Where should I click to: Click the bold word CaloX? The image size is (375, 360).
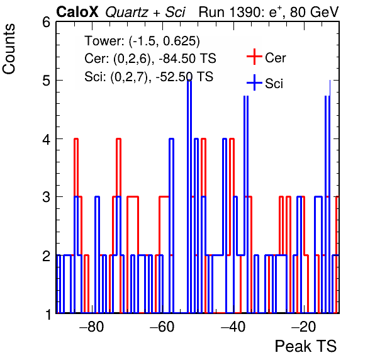pos(77,12)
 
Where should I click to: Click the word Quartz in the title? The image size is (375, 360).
pos(126,13)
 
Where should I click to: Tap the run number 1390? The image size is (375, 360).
pos(244,12)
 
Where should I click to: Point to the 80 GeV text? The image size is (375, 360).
pos(314,12)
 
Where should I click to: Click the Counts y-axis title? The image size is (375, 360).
pos(9,49)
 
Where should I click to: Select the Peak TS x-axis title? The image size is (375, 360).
pos(306,346)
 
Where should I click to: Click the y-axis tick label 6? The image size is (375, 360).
pos(46,23)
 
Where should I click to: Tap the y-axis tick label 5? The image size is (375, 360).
pos(46,81)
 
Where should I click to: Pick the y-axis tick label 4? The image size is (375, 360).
pos(46,139)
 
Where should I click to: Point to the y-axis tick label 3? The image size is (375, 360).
pos(46,198)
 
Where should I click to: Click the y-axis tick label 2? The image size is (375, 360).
pos(46,256)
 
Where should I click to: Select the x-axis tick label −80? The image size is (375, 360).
pos(92,327)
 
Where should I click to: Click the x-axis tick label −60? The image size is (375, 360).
pos(162,327)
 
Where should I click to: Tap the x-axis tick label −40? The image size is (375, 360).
pos(233,327)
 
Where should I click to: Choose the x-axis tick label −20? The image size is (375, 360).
pos(304,327)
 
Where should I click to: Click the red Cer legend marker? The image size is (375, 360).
pos(254,57)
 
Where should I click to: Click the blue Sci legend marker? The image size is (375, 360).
pos(254,83)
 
